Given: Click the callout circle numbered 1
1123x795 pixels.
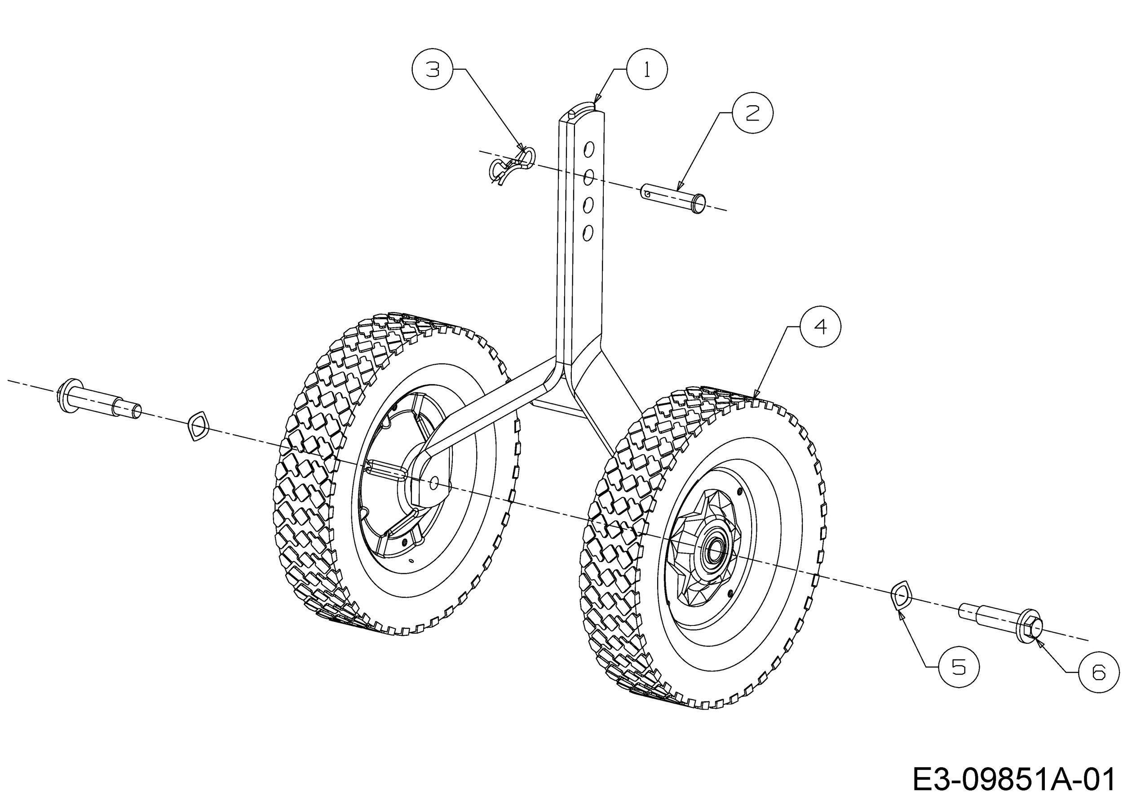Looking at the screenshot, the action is pos(646,69).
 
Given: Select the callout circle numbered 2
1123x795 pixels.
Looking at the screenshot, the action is pos(752,112).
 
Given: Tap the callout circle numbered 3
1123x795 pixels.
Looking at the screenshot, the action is pos(433,69).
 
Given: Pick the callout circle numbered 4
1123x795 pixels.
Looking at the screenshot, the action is pos(820,326).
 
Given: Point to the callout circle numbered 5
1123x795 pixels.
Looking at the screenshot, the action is pos(959,667).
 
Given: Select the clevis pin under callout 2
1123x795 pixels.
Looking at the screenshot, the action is pos(673,198).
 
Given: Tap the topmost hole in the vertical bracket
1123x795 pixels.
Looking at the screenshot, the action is pos(589,149).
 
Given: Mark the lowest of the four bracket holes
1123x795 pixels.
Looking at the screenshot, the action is pos(588,232).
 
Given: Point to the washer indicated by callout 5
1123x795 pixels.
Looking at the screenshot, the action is pos(901,595).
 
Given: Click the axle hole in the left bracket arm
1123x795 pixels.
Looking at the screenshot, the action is pos(433,483).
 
